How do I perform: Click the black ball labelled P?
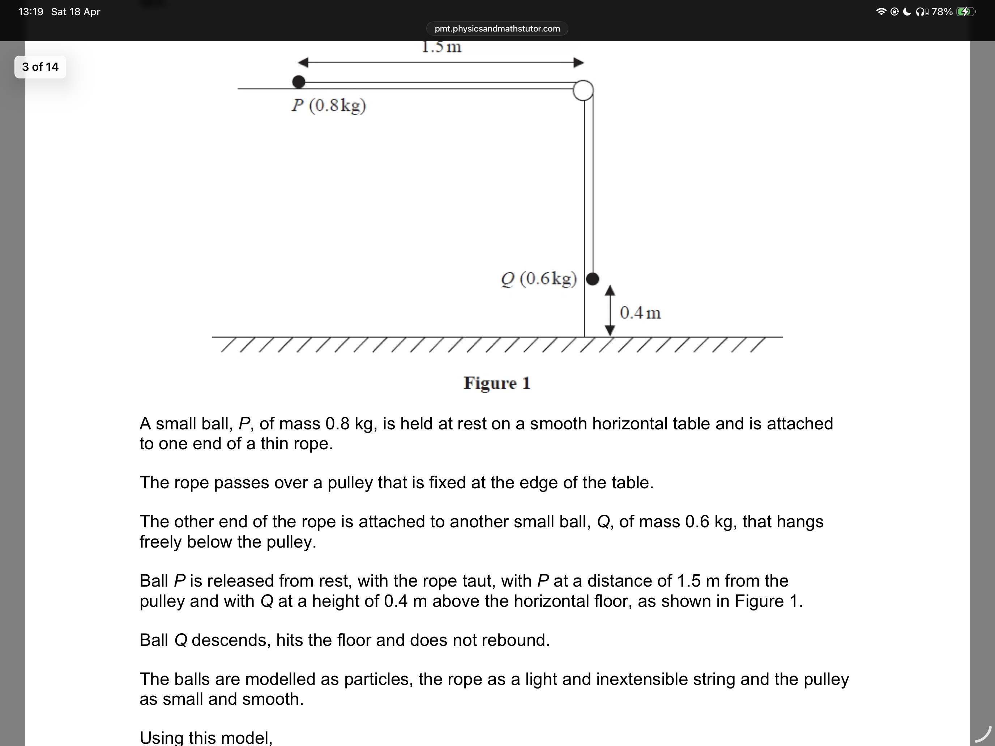coord(299,82)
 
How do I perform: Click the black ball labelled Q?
coord(593,279)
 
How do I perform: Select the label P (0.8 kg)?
coord(329,106)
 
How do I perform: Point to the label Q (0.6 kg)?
coord(539,279)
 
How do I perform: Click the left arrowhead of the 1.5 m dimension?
coord(304,62)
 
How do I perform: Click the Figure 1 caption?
coord(497,383)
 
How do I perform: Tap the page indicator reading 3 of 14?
coord(40,67)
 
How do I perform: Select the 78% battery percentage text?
coord(941,12)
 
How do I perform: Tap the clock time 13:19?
coord(31,12)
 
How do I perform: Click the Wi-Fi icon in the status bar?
coord(881,12)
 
